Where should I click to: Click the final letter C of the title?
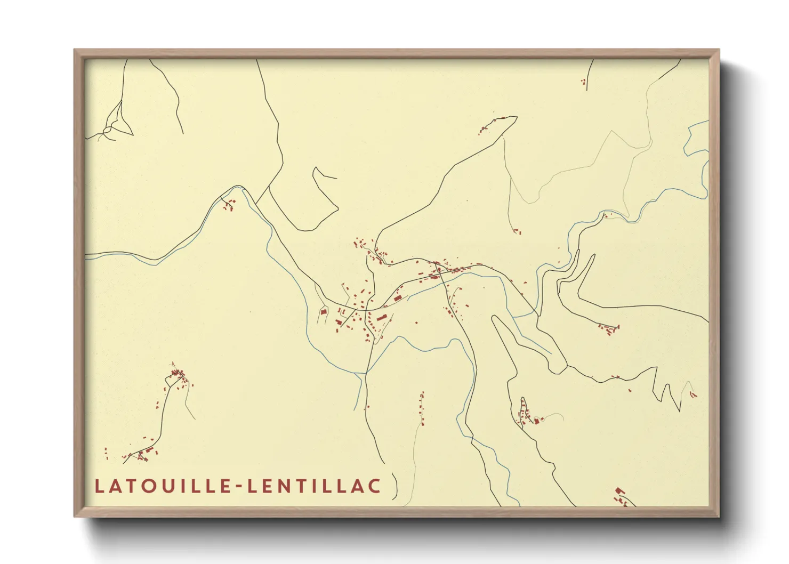[375, 486]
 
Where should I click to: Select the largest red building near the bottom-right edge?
[619, 490]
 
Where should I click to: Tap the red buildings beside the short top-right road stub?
[583, 82]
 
